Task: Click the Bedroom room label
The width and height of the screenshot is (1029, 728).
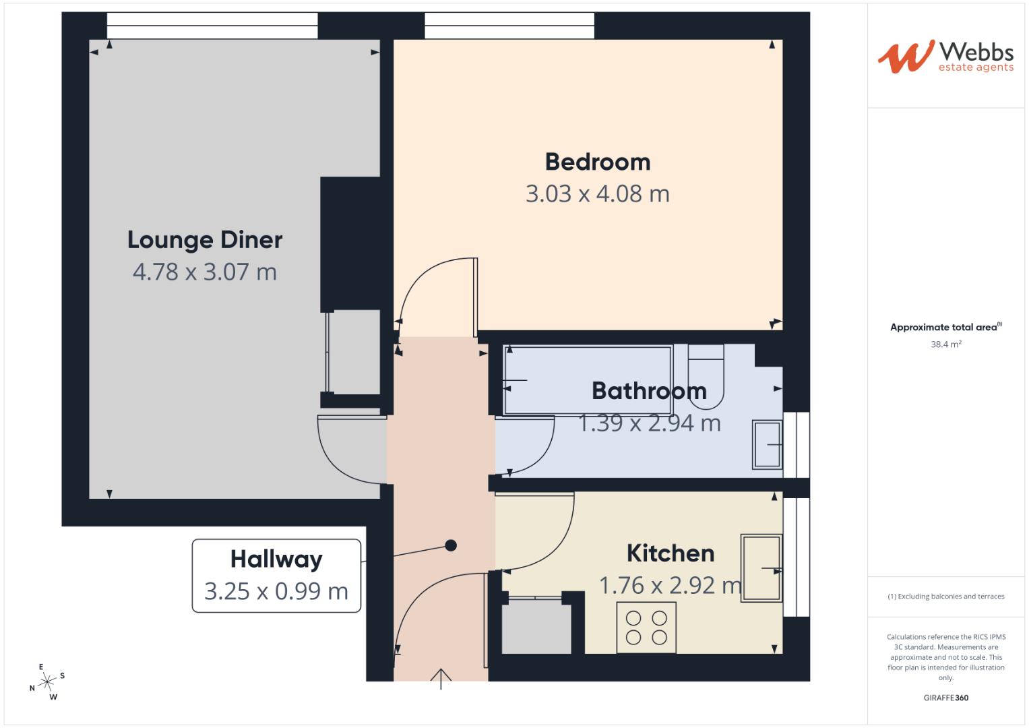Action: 597,162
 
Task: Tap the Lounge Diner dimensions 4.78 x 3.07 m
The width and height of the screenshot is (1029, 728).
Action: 205,272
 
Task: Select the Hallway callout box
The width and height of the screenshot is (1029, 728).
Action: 276,575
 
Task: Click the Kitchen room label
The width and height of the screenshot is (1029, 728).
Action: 670,553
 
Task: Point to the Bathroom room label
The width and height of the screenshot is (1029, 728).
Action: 649,391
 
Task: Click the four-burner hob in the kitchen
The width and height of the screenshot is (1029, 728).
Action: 646,628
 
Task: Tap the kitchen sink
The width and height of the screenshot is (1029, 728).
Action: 761,568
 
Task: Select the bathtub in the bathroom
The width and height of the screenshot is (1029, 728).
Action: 588,380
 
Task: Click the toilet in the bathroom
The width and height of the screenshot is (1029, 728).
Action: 706,374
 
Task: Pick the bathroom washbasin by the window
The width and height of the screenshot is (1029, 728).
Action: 768,445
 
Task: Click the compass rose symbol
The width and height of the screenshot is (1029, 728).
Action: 47,682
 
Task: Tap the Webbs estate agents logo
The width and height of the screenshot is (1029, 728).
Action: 945,57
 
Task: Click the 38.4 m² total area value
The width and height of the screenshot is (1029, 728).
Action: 945,344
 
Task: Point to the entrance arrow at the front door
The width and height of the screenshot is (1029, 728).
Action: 441,678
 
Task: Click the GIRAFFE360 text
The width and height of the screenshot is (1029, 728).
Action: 945,698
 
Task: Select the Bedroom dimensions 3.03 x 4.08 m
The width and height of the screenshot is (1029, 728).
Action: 597,194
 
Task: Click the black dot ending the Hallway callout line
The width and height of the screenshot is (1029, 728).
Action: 451,545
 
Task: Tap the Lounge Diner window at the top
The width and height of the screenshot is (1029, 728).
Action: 212,26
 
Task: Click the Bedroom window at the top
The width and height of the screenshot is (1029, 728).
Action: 509,26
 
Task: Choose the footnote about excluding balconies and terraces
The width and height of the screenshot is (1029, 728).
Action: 945,597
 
